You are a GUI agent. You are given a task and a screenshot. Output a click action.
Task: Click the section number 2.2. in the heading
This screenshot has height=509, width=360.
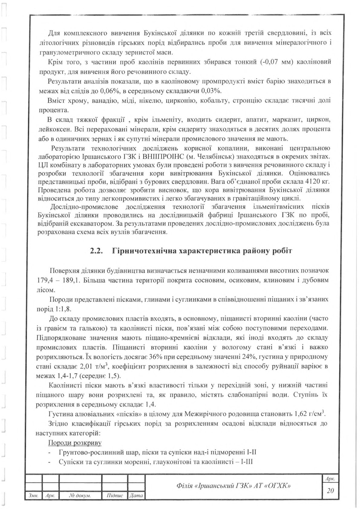click(97, 252)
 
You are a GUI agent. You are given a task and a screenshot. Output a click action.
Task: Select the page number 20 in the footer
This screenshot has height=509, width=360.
click(330, 491)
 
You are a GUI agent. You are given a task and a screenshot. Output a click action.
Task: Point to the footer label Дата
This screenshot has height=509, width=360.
click(136, 496)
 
